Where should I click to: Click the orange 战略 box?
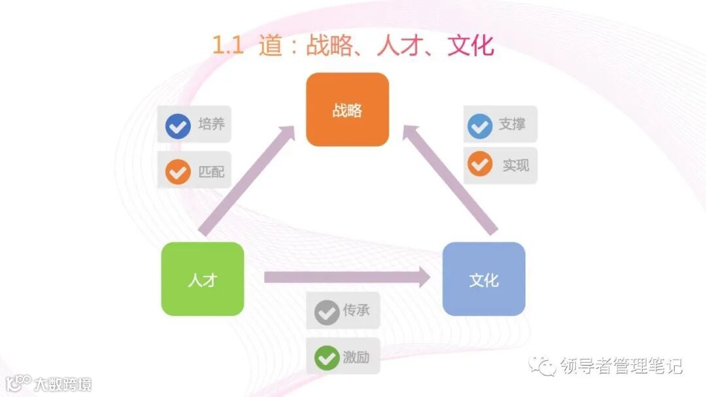tap(347, 109)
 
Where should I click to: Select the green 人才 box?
tap(203, 279)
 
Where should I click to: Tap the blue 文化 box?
tap(484, 279)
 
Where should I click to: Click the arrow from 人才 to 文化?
tap(346, 277)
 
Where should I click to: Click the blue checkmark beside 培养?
tap(178, 125)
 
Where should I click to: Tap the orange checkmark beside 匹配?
tap(178, 171)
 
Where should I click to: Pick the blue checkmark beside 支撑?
tap(480, 125)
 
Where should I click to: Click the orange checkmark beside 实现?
tap(480, 165)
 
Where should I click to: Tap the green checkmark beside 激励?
tap(326, 358)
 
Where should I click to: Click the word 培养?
tap(211, 124)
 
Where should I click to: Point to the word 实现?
tap(515, 165)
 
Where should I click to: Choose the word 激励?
tap(356, 357)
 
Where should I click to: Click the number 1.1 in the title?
tap(228, 45)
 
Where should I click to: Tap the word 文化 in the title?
tap(471, 45)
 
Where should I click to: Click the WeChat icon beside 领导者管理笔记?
tap(543, 366)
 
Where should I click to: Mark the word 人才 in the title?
tap(401, 45)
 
